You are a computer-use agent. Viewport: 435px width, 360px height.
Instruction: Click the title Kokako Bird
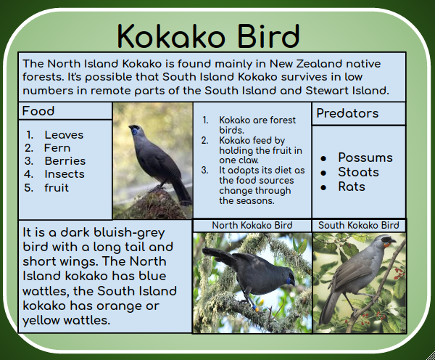(208, 35)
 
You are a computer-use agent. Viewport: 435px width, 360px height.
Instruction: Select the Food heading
(38, 111)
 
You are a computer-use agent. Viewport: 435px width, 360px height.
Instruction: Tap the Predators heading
(347, 113)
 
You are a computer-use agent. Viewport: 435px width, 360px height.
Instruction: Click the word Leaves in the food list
(64, 134)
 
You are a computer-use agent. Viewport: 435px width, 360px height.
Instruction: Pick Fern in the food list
(57, 147)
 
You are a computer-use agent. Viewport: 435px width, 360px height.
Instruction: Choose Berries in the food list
(65, 160)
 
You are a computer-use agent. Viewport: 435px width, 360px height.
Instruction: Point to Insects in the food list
(64, 173)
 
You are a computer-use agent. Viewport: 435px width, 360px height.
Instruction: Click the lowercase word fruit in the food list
(57, 187)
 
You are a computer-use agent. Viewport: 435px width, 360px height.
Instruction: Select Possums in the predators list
(365, 157)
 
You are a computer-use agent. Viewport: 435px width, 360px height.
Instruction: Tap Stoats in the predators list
(358, 172)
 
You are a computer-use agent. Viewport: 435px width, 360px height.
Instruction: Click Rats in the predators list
(352, 187)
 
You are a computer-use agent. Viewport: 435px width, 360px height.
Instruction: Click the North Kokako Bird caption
(252, 225)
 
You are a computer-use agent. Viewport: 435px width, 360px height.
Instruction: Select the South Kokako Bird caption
(359, 225)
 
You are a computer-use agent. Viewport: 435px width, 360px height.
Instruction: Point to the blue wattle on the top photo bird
(134, 131)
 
